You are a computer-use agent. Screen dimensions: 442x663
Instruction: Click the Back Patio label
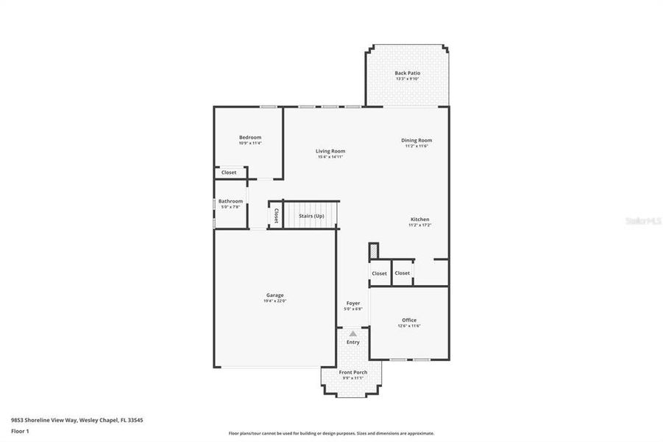(x=407, y=73)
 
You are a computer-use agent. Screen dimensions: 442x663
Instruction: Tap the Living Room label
(x=330, y=151)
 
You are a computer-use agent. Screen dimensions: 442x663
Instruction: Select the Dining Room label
(x=416, y=140)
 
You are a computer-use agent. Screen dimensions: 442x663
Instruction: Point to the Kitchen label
(x=419, y=220)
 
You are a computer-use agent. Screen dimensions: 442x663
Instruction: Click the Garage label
(x=274, y=295)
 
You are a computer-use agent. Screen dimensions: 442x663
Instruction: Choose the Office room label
(x=409, y=320)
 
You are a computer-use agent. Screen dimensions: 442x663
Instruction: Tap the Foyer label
(x=353, y=303)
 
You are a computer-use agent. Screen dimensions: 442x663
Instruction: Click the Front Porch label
(x=353, y=372)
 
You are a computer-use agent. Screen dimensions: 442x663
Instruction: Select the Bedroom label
(x=249, y=137)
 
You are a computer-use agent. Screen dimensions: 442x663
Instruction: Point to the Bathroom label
(x=230, y=201)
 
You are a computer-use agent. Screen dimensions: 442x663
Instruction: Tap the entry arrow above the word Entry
(x=353, y=334)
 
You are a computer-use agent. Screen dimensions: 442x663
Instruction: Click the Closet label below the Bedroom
(x=229, y=172)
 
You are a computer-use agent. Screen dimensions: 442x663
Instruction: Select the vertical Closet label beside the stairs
(x=276, y=215)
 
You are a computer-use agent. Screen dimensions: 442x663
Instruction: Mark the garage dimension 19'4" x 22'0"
(x=274, y=301)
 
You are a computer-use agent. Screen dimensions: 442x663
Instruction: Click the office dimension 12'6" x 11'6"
(x=409, y=326)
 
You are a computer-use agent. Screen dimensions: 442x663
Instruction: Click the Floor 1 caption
(x=19, y=430)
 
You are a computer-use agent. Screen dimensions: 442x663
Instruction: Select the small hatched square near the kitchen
(x=373, y=251)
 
